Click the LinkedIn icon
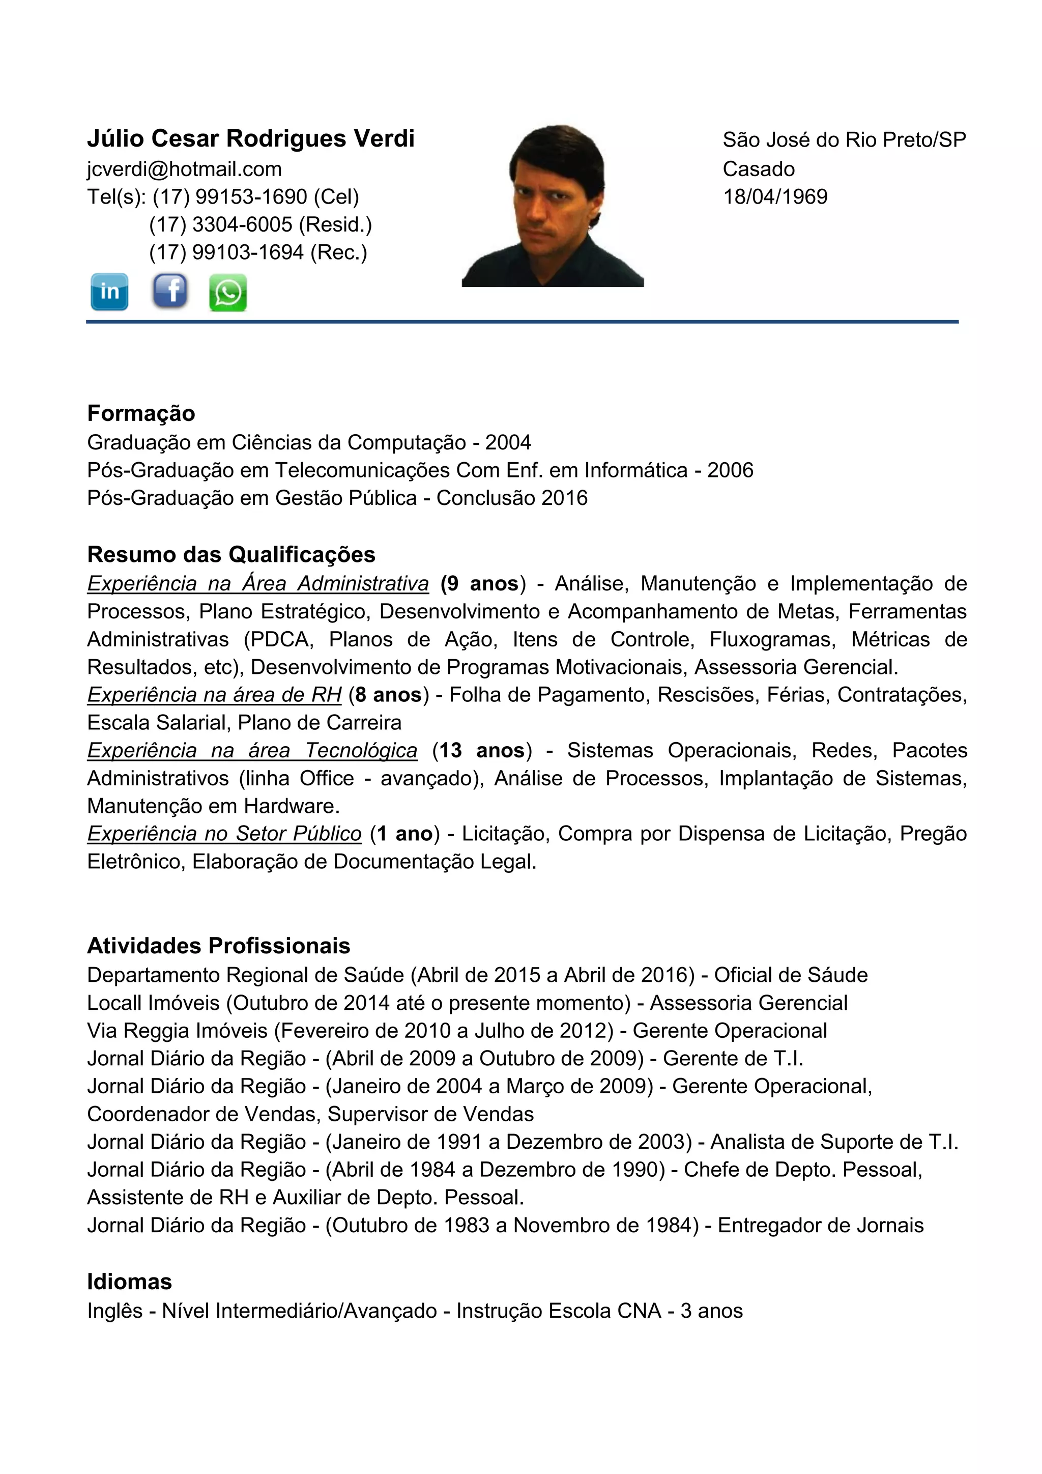click(x=109, y=292)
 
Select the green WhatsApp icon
click(x=228, y=293)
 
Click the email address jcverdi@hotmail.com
click(x=184, y=169)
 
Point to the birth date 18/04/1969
click(x=775, y=196)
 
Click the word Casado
click(x=759, y=169)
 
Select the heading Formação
click(x=141, y=413)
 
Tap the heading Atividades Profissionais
click(x=218, y=946)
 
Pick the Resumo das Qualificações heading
click(x=231, y=555)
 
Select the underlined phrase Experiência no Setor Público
click(x=224, y=833)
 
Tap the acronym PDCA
click(x=280, y=639)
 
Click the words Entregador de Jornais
click(x=820, y=1225)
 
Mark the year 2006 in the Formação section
click(x=730, y=471)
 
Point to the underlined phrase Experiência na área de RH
click(x=214, y=695)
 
